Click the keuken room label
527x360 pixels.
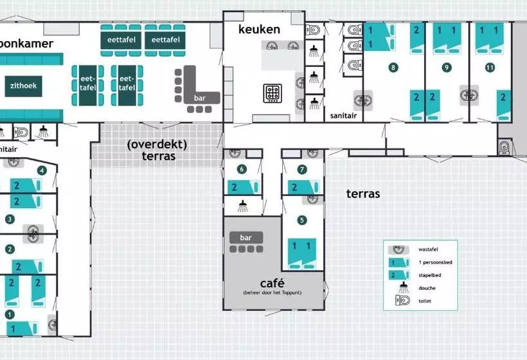259,30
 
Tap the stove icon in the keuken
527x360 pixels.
272,93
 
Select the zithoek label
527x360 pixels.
22,85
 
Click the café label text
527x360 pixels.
272,283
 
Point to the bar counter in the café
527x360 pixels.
247,238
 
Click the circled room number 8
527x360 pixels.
393,67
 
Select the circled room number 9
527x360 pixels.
447,67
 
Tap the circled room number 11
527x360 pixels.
490,67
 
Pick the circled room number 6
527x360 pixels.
242,170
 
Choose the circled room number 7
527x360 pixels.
303,170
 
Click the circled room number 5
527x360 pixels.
302,220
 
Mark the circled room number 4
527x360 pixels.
42,170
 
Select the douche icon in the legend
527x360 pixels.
404,287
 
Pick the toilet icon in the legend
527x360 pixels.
404,300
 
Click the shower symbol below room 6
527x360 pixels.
243,206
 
